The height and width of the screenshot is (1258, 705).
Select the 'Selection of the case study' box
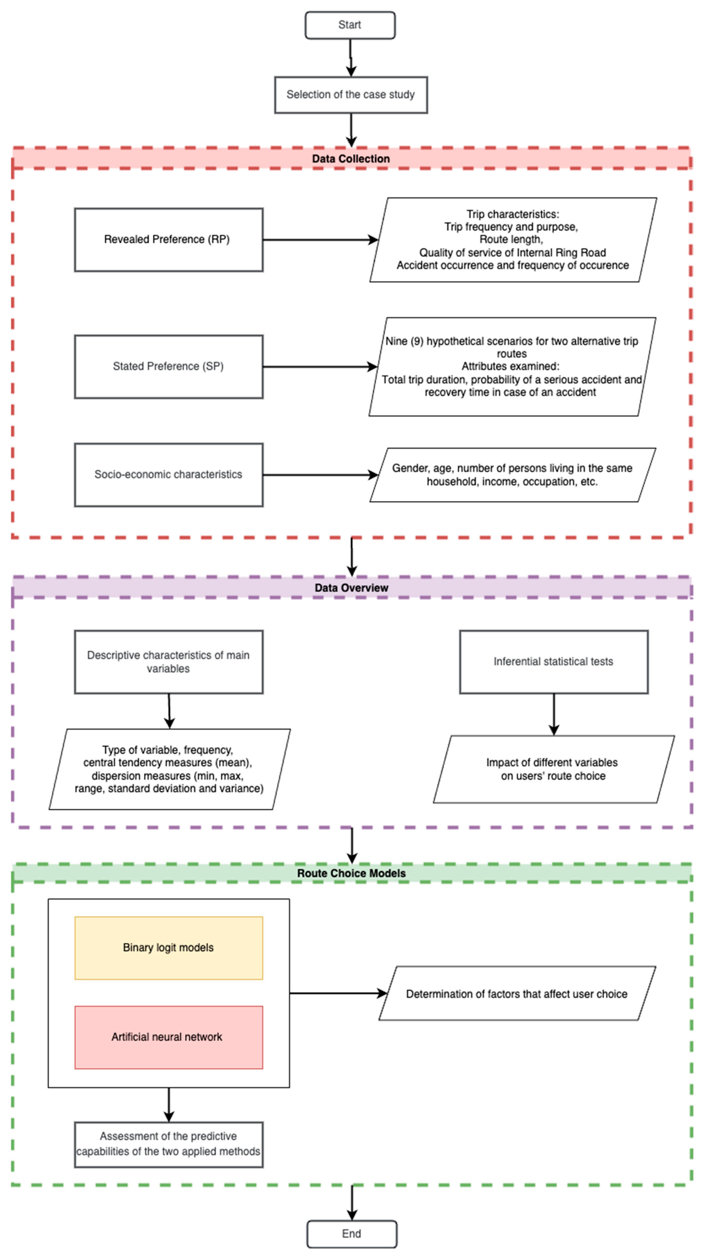351,95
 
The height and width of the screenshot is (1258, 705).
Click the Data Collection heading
351,159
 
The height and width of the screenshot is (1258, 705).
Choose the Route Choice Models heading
351,873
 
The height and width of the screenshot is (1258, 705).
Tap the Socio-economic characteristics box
168,475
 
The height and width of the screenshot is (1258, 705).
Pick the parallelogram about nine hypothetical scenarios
512,367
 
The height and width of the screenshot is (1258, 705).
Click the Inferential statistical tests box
554,662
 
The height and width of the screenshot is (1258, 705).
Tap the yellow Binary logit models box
168,948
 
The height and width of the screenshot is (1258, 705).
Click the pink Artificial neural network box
168,1037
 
